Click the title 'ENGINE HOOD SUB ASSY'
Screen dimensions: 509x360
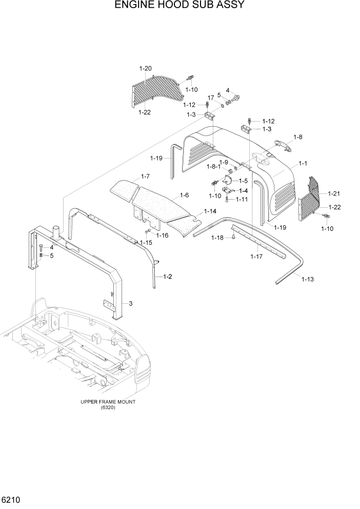(x=179, y=6)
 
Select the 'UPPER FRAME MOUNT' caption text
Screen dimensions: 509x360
(x=108, y=402)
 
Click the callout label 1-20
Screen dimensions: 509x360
(x=145, y=68)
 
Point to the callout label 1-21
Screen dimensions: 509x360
(x=333, y=193)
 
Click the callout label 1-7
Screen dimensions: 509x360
(x=145, y=177)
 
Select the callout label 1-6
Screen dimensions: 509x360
(x=185, y=195)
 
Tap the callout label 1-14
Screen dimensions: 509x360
(x=210, y=211)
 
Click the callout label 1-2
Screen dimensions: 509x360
(x=167, y=277)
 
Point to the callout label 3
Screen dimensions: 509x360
(x=131, y=304)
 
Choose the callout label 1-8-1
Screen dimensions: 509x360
(x=213, y=166)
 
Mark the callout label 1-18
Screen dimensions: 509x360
(x=217, y=238)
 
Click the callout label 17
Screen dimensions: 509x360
(x=210, y=97)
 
